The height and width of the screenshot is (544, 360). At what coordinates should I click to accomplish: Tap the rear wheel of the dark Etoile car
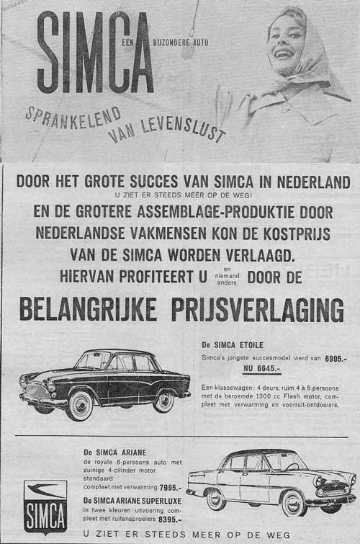164,401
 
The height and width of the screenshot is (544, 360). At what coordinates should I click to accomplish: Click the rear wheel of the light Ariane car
216,499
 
